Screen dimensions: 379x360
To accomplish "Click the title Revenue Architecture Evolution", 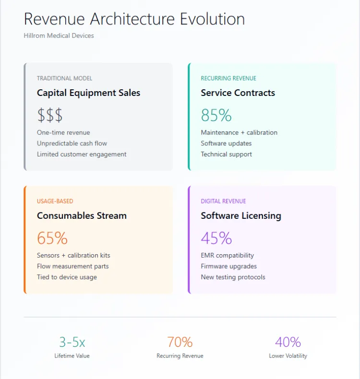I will (134, 19).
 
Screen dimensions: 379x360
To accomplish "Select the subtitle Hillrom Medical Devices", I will (59, 36).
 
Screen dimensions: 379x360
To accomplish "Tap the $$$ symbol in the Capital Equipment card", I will (50, 115).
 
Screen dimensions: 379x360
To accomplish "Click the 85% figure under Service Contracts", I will (216, 115).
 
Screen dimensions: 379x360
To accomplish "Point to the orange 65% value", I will (52, 238).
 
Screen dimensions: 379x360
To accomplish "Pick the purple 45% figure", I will (216, 238).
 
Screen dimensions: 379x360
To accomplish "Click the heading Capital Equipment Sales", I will (88, 93).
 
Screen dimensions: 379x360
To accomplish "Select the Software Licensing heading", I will (240, 216).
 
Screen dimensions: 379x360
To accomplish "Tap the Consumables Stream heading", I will (82, 216).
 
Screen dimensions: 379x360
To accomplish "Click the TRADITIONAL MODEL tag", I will (64, 78).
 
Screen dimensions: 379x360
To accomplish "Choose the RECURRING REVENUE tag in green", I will (228, 78).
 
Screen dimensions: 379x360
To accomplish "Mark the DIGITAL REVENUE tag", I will (223, 201).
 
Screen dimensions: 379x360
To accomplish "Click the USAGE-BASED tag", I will (55, 201).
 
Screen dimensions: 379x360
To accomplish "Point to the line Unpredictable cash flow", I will (72, 143).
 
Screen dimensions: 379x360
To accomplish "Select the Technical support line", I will (226, 154).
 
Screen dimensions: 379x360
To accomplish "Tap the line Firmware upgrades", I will (228, 266).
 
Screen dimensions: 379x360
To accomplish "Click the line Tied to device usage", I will (67, 277).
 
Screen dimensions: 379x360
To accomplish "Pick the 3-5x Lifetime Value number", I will (72, 342).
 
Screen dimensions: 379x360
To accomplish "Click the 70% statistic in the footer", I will (180, 342).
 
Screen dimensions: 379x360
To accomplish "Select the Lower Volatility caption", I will (288, 356).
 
